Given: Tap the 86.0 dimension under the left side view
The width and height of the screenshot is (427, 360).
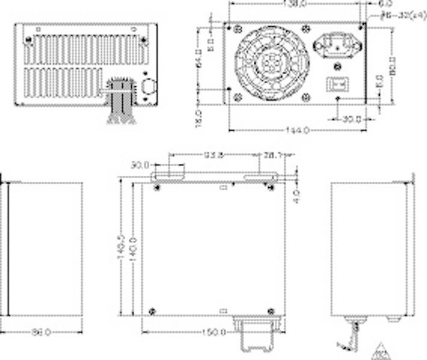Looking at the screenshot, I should [x=41, y=332].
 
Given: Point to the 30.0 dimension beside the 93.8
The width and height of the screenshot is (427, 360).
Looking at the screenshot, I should [x=141, y=164].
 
